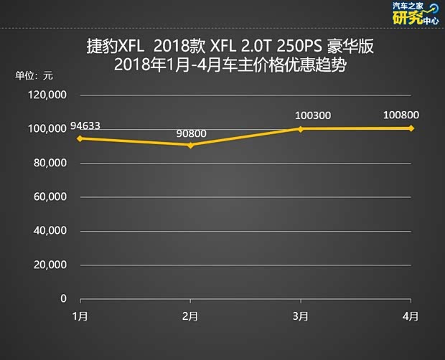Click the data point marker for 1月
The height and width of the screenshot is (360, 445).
click(80, 138)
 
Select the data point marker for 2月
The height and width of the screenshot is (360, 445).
click(190, 146)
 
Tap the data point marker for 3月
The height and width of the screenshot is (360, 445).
click(301, 129)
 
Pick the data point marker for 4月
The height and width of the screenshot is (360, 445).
click(411, 128)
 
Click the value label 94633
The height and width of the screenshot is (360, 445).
click(85, 126)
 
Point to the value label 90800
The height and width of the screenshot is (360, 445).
click(190, 133)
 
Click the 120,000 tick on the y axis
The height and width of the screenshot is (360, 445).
click(49, 95)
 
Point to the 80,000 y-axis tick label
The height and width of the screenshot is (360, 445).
click(51, 163)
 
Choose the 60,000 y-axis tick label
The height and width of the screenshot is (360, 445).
click(51, 196)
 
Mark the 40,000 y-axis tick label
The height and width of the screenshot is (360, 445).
click(51, 231)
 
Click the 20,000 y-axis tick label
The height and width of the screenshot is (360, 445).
click(51, 265)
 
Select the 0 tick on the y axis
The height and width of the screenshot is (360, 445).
click(63, 298)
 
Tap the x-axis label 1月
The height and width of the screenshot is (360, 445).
click(80, 316)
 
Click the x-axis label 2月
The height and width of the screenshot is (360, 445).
click(190, 316)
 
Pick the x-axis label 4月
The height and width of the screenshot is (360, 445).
click(411, 316)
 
